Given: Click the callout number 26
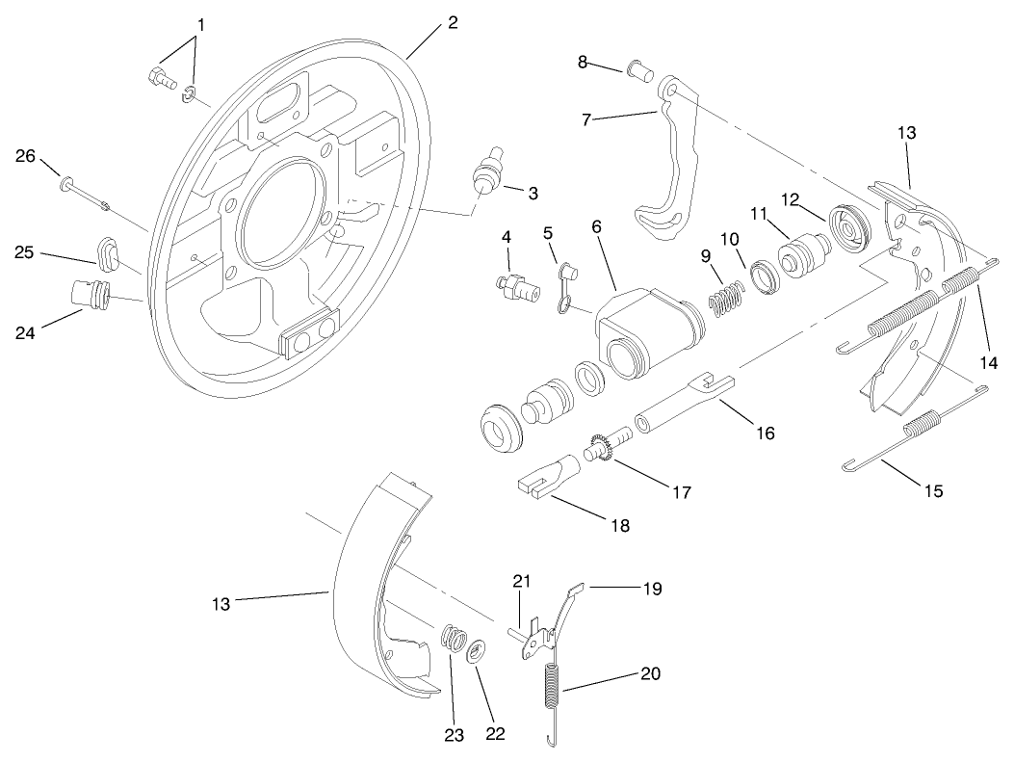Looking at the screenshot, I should tap(25, 155).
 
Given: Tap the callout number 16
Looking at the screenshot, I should tap(765, 433).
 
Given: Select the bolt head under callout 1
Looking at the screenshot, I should tap(159, 79).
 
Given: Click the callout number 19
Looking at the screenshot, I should tap(652, 588).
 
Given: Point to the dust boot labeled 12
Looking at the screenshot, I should tap(850, 226).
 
